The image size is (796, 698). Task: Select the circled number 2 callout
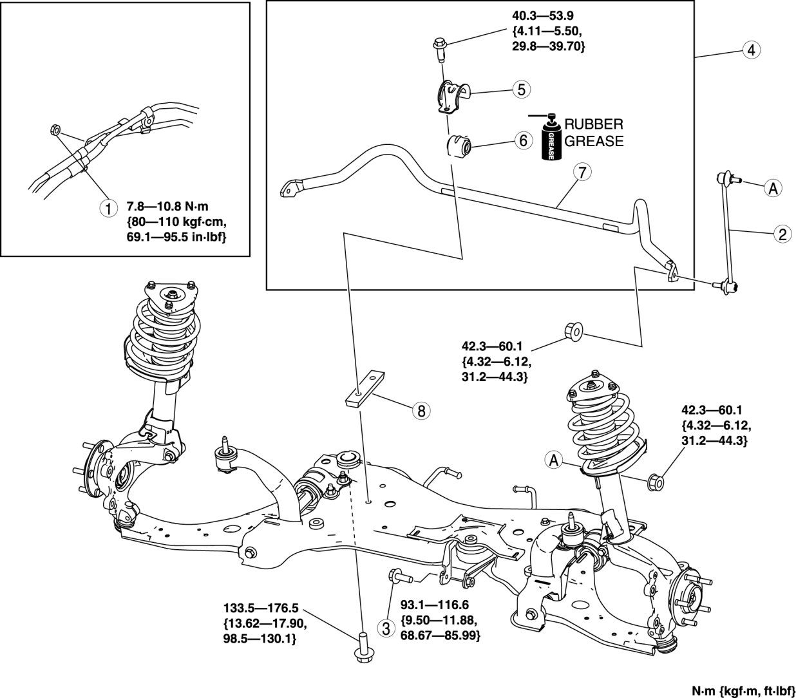(782, 234)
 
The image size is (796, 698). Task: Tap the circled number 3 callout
(386, 627)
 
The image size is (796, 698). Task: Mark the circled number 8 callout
(421, 410)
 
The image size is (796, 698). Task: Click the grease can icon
(552, 139)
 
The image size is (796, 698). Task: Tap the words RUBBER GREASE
(594, 133)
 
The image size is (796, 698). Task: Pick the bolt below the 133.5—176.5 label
(361, 646)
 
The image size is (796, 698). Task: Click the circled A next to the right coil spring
(553, 460)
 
